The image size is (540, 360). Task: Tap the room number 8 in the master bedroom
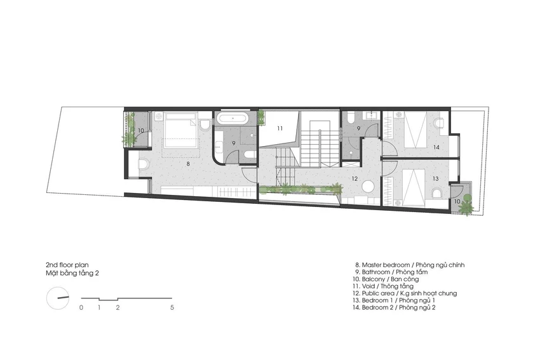coord(188,164)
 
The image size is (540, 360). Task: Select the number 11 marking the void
coord(280,128)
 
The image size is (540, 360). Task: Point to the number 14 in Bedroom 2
coord(436,147)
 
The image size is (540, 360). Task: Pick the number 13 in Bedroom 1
coord(435,178)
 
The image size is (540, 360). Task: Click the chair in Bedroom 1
coord(437,193)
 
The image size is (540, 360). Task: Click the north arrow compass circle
coord(58,298)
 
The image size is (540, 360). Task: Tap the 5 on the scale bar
coord(172,308)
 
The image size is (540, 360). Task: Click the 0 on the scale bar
coord(81,308)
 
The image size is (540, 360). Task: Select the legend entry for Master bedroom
coord(410,265)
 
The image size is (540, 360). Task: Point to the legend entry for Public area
coord(405,293)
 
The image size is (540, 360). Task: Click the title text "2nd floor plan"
coord(67,265)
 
